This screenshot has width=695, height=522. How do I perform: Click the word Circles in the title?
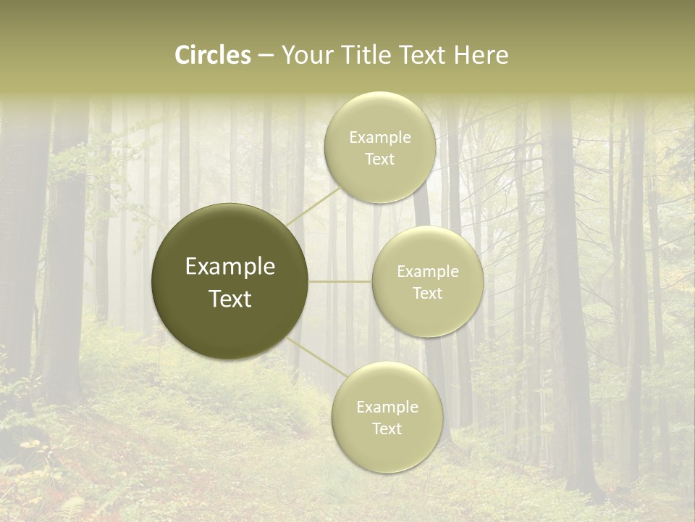[x=213, y=55]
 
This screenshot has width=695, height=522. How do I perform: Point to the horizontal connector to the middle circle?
[x=340, y=281]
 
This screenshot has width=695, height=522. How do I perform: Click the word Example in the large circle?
[x=229, y=267]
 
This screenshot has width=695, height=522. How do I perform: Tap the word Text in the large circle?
[x=229, y=299]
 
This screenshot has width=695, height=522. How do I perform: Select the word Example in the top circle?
[x=379, y=138]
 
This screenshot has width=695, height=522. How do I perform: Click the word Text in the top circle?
[x=379, y=159]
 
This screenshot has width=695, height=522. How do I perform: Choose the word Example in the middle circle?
[x=427, y=272]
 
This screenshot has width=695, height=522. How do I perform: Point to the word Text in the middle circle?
[x=427, y=294]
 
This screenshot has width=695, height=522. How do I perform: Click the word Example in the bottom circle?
[x=387, y=407]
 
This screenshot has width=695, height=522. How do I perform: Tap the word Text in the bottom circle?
[x=387, y=429]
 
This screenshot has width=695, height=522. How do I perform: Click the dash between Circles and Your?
[x=266, y=56]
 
